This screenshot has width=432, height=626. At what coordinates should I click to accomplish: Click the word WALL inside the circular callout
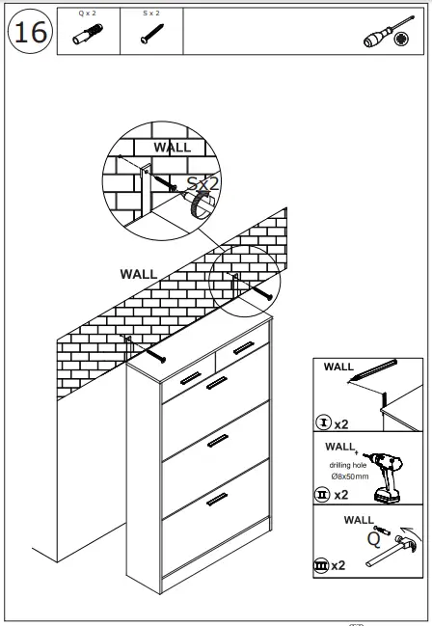pos(173,148)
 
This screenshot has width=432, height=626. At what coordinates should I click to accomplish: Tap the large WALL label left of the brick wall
pos(138,274)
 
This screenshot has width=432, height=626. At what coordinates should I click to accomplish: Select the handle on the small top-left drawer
pos(190,377)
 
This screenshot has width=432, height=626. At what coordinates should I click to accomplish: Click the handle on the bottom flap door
pos(217,500)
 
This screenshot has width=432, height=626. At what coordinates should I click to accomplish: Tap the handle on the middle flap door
pos(217,441)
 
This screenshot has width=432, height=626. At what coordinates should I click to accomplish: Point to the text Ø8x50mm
pos(349,475)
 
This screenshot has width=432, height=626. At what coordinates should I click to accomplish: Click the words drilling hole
pos(349,465)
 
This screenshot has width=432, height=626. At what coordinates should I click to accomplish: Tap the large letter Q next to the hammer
pos(372,540)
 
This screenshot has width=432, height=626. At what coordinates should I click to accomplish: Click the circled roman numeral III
pos(322,565)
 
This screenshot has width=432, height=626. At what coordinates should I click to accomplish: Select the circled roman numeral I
pos(322,423)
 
